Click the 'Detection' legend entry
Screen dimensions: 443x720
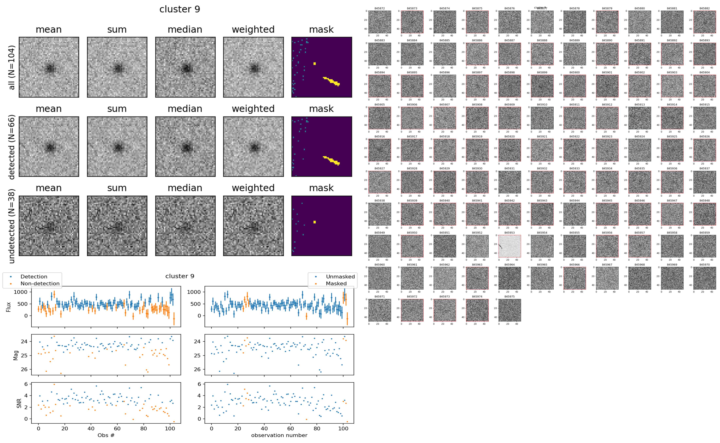pos(34,277)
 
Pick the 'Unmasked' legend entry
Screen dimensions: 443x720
pos(340,277)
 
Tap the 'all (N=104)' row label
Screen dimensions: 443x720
pos(12,67)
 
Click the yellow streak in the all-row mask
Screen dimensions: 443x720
pos(332,81)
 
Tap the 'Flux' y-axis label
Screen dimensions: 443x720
pos(9,307)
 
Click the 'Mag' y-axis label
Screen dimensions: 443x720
pos(16,355)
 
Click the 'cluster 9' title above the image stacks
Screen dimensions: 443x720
pos(180,9)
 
